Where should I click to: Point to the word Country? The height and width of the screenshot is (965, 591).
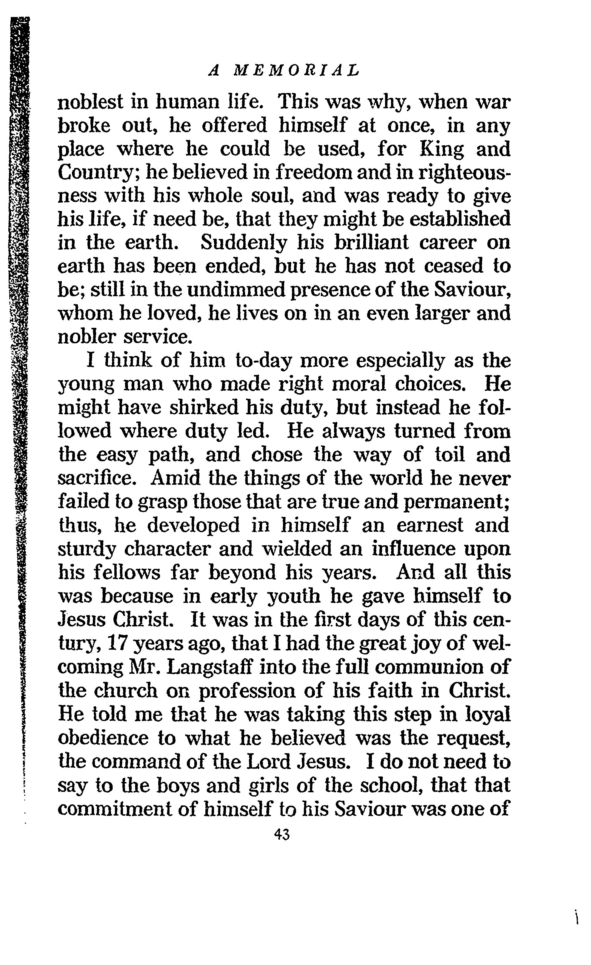pyautogui.click(x=96, y=173)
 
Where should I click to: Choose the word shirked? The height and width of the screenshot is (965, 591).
pyautogui.click(x=204, y=408)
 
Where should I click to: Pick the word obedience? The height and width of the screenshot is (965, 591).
pyautogui.click(x=103, y=738)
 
